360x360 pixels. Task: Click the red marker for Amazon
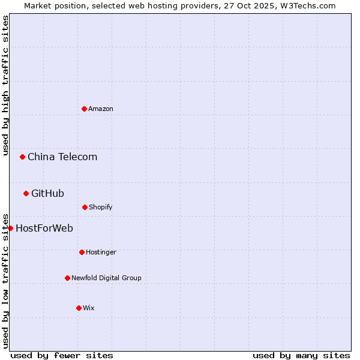pyautogui.click(x=84, y=109)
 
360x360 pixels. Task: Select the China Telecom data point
pyautogui.click(x=22, y=157)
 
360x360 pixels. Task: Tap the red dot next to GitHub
pyautogui.click(x=26, y=193)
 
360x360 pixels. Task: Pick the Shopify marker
pyautogui.click(x=85, y=207)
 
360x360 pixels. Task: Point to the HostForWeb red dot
pyautogui.click(x=10, y=228)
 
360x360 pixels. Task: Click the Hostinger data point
pyautogui.click(x=82, y=252)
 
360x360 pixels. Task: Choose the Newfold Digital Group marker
pyautogui.click(x=67, y=278)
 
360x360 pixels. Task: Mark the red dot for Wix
pyautogui.click(x=79, y=308)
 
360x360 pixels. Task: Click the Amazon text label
pyautogui.click(x=101, y=109)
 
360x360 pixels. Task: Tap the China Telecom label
pyautogui.click(x=62, y=157)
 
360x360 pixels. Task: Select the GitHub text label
pyautogui.click(x=47, y=193)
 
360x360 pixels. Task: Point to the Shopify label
pyautogui.click(x=101, y=207)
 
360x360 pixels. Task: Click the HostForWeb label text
pyautogui.click(x=44, y=228)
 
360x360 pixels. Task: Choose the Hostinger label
pyautogui.click(x=101, y=252)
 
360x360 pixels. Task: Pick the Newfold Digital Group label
pyautogui.click(x=106, y=278)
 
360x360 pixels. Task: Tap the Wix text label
pyautogui.click(x=89, y=308)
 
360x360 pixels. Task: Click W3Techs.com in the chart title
pyautogui.click(x=306, y=5)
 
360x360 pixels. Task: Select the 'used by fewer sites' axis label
pyautogui.click(x=62, y=355)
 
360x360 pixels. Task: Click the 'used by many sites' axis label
pyautogui.click(x=301, y=355)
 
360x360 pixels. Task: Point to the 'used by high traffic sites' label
pyautogui.click(x=5, y=86)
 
